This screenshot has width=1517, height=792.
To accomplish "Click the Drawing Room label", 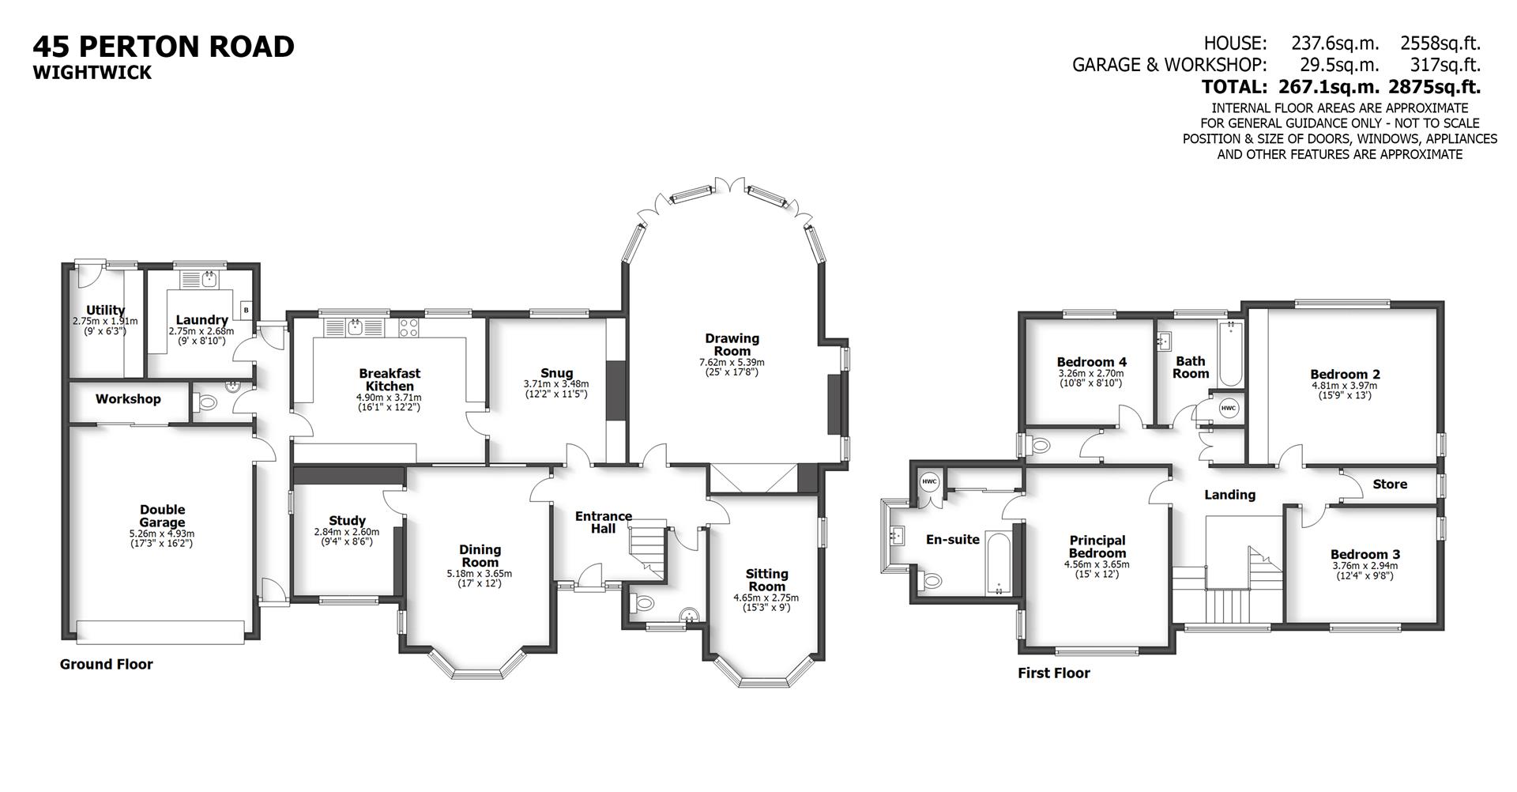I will point(732,344).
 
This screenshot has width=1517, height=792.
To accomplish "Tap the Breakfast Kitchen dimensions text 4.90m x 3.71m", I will point(389,398).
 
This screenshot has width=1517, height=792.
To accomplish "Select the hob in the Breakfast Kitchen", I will point(408,327).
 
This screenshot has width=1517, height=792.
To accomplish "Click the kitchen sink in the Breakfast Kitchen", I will point(356,326).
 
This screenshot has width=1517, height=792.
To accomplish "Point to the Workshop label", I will point(128,399).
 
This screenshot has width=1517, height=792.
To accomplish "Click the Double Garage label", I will point(162,515).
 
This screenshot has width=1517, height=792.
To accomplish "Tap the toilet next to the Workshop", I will point(206,402).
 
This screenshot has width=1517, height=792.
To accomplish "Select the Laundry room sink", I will point(209,280).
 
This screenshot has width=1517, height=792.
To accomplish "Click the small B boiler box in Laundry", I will point(246,311).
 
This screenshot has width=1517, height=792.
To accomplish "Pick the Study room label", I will point(347,521).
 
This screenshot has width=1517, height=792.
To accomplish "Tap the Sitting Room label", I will point(766,579).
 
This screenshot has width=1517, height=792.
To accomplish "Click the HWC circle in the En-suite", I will point(928,481).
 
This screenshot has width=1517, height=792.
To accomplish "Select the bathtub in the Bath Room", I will point(1230,355).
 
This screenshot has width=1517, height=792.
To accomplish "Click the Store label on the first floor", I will point(1389,485).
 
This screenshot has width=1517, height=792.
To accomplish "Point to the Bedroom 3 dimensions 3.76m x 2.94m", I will point(1365,565).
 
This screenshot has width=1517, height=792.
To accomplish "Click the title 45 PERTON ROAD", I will point(163,47).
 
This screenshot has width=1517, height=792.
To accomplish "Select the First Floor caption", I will point(1053,673).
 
